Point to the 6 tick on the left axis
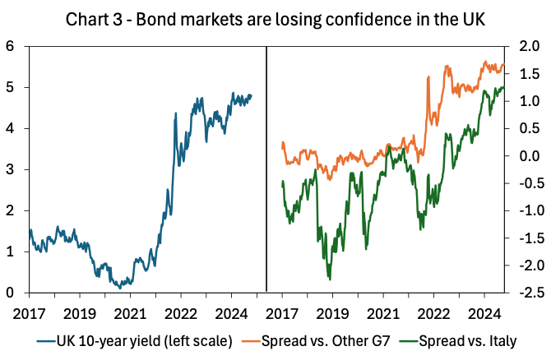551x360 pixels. point(12,47)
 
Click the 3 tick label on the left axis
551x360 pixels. point(12,170)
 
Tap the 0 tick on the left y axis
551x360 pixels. point(12,293)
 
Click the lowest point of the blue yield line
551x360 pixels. point(120,288)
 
